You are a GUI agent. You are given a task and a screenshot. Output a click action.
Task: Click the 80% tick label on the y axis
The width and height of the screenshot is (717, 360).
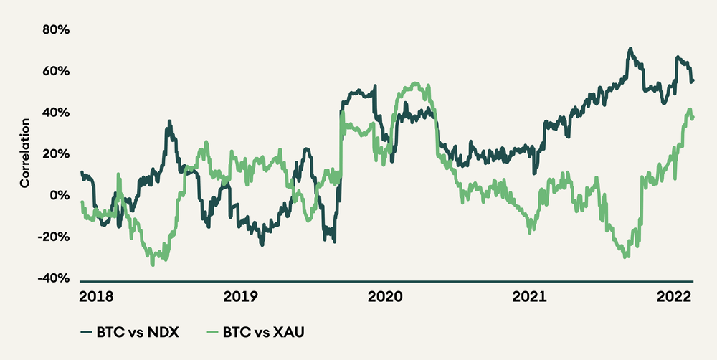pyautogui.click(x=56, y=30)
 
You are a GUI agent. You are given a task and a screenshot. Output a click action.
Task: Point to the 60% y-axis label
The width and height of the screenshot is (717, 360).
pyautogui.click(x=56, y=72)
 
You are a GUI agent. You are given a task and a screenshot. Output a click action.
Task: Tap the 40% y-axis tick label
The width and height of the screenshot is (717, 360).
pyautogui.click(x=56, y=113)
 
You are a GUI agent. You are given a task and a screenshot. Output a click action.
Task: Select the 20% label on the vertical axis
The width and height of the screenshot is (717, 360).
pyautogui.click(x=56, y=154)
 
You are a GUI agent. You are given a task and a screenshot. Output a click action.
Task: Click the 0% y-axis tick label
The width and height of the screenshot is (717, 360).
pyautogui.click(x=60, y=196)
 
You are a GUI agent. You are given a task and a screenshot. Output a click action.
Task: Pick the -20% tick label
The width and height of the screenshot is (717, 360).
pyautogui.click(x=54, y=237)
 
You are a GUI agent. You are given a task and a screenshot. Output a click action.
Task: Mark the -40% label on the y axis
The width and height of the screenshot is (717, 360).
pyautogui.click(x=54, y=278)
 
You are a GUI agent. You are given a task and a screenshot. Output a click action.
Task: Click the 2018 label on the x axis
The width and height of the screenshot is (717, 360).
pyautogui.click(x=95, y=295)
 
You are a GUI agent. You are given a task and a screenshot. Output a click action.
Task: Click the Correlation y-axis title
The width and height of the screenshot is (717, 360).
pyautogui.click(x=24, y=154)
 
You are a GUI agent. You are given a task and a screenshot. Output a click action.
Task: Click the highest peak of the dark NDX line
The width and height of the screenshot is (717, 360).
pyautogui.click(x=630, y=49)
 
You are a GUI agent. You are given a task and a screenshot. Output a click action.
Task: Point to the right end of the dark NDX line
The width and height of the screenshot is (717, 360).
pyautogui.click(x=693, y=80)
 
